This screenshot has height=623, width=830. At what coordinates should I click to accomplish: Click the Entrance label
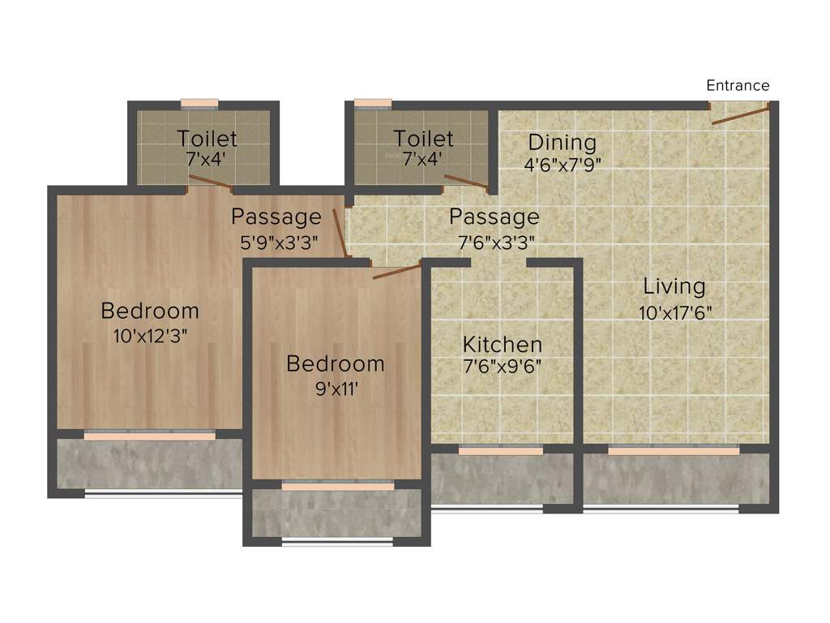click(738, 85)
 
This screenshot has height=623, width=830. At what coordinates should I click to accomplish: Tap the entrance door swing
click(739, 114)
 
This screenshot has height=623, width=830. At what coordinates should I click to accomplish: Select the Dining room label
click(561, 143)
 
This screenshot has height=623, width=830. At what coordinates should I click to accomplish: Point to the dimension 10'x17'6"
click(675, 311)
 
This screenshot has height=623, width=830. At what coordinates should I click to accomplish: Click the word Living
click(674, 286)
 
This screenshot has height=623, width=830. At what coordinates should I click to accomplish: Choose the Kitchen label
click(503, 343)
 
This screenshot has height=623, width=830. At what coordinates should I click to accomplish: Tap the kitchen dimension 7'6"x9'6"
click(503, 366)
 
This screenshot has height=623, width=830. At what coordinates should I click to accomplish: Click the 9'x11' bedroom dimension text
click(335, 388)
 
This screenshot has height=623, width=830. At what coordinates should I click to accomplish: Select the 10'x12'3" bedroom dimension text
click(150, 335)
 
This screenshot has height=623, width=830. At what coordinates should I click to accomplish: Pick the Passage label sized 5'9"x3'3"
click(276, 217)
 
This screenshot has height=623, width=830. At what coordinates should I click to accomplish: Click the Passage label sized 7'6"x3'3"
click(494, 217)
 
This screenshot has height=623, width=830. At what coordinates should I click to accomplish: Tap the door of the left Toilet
click(210, 181)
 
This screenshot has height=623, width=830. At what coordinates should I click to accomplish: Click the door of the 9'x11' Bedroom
click(397, 271)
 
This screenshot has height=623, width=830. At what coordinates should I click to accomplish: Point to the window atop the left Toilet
click(199, 104)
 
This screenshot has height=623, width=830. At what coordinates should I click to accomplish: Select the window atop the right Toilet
click(373, 104)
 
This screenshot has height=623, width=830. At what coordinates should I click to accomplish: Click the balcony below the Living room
click(676, 479)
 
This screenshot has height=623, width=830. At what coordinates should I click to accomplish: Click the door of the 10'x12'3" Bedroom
click(335, 232)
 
